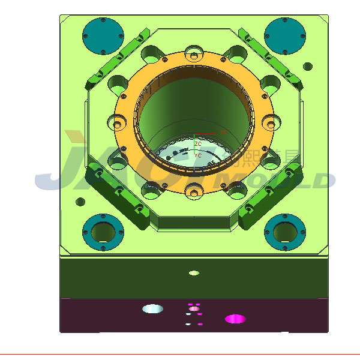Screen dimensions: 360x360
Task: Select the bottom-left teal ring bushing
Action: point(103,231)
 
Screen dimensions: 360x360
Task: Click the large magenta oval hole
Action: point(235,319)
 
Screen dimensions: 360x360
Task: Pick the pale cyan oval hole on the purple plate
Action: point(152,309)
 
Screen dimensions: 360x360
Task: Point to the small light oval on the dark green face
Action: point(194,273)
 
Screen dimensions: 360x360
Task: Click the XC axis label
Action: point(224,131)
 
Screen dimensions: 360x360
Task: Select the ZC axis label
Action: point(197,144)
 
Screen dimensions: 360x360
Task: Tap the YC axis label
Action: point(198,155)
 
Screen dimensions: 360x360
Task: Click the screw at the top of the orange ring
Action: point(194,57)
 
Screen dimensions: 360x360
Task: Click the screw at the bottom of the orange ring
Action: point(194,193)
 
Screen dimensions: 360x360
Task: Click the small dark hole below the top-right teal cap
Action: point(308,65)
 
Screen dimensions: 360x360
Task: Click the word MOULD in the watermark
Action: point(282,180)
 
